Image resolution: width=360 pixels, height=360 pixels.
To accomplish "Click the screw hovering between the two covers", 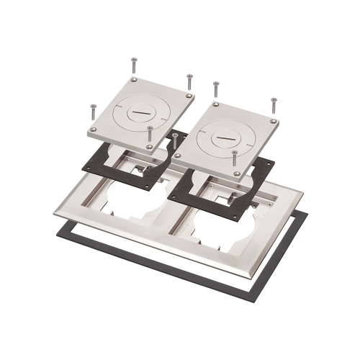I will coord(176,141).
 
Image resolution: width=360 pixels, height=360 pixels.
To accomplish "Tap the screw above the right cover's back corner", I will coord(216,89).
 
